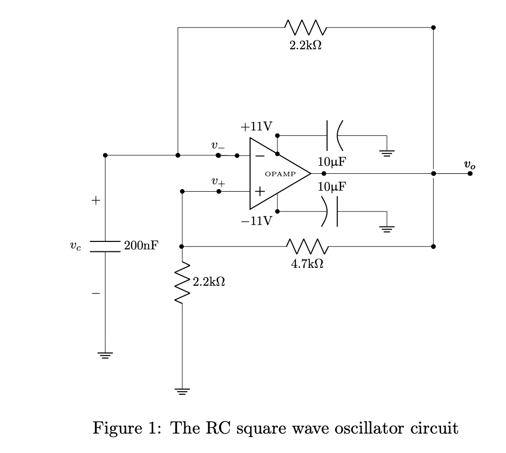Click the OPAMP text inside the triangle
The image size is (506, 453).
tap(280, 174)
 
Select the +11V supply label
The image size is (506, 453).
tap(256, 126)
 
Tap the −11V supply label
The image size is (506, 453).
tap(256, 221)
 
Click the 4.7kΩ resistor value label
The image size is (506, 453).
tap(307, 264)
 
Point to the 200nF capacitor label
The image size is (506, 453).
tap(141, 245)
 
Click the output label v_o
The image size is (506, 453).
tap(469, 164)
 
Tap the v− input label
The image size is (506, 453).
tap(218, 145)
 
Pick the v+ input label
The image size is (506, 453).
tap(218, 182)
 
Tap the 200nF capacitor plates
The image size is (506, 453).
tap(105, 246)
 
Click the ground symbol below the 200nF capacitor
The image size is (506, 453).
tap(105, 355)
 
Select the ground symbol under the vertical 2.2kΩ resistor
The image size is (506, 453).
tap(182, 391)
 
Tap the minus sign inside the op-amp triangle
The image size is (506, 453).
tap(260, 155)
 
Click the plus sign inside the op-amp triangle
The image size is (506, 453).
tap(260, 192)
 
